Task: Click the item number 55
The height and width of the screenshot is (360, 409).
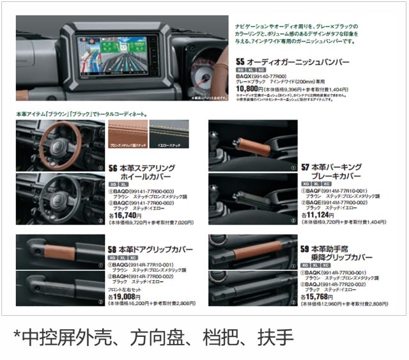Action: pyautogui.click(x=241, y=62)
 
